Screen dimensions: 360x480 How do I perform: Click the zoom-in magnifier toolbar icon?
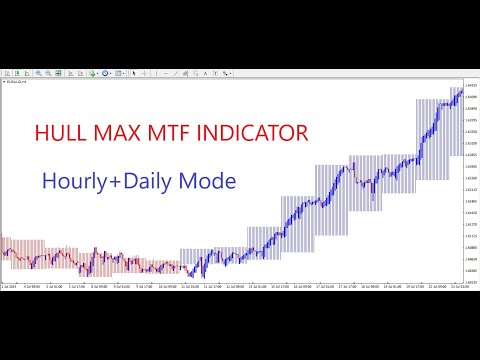click(39, 73)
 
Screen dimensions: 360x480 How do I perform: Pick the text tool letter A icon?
click(201, 73)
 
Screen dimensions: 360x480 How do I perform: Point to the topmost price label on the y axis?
click(470, 86)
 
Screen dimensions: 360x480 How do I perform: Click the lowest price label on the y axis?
click(470, 271)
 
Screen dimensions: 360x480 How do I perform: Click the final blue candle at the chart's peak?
click(460, 92)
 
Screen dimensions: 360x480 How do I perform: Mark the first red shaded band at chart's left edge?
click(4, 254)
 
